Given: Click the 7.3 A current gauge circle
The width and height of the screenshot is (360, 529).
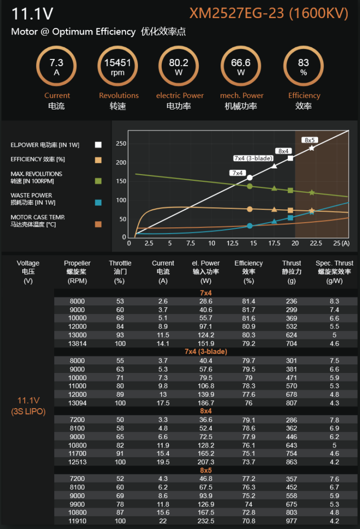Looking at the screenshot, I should pyautogui.click(x=56, y=67).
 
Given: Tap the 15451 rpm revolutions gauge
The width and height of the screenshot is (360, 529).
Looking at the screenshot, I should pyautogui.click(x=118, y=67).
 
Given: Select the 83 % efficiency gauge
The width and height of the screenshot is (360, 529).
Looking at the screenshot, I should pyautogui.click(x=303, y=67).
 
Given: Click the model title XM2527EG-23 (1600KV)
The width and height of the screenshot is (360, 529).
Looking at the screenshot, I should pyautogui.click(x=269, y=13).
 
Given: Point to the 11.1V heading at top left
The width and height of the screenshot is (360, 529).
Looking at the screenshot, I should pyautogui.click(x=32, y=14).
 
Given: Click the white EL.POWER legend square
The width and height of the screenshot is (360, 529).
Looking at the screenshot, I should pyautogui.click(x=98, y=145).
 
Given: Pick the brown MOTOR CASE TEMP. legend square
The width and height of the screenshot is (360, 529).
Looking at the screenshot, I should pyautogui.click(x=98, y=224).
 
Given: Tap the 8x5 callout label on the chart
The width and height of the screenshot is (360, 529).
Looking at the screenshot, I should pyautogui.click(x=310, y=140).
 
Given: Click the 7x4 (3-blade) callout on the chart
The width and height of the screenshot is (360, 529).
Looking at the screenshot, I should pyautogui.click(x=253, y=158).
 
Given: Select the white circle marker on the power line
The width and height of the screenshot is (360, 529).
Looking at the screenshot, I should pyautogui.click(x=250, y=178).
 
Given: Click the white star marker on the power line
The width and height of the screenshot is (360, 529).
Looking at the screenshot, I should pyautogui.click(x=311, y=148).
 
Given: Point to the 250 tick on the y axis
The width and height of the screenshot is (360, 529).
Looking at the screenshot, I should pyautogui.click(x=121, y=144).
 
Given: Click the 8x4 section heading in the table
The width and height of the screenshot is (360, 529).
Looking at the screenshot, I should pyautogui.click(x=206, y=411).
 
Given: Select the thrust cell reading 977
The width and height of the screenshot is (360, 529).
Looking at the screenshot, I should pyautogui.click(x=292, y=521).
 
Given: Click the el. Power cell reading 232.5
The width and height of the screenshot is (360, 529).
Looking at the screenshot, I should pyautogui.click(x=206, y=521).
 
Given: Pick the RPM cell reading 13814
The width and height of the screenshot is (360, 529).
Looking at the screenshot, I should pyautogui.click(x=77, y=343).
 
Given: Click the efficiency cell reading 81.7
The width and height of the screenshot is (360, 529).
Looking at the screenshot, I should pyautogui.click(x=249, y=309).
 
